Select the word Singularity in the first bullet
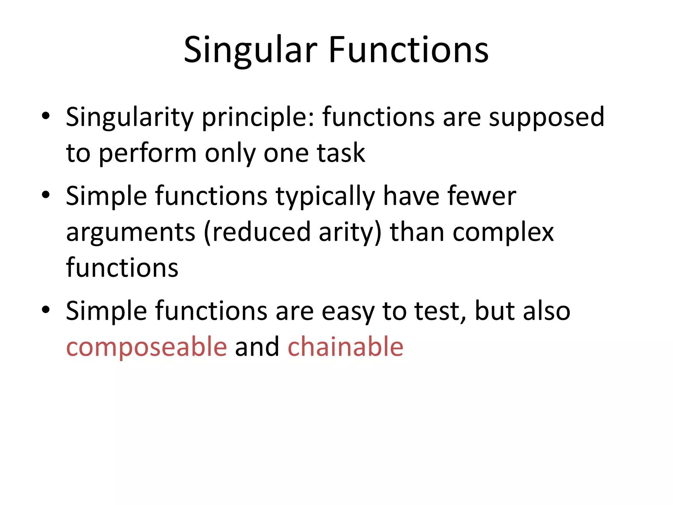tap(130, 118)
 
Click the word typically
tap(325, 197)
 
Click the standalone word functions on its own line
tap(122, 268)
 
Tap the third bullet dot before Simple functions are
tap(46, 309)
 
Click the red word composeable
tap(147, 347)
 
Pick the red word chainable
tap(345, 347)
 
